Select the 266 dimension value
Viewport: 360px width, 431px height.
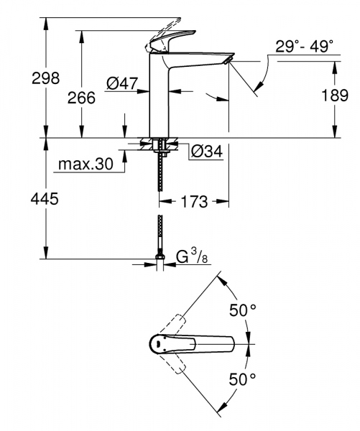[x=81, y=99]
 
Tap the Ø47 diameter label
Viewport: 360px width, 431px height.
[x=122, y=84]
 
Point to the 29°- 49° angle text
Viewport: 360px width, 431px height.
[x=305, y=47]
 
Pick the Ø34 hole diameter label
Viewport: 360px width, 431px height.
[x=206, y=151]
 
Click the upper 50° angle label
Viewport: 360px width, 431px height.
[x=242, y=310]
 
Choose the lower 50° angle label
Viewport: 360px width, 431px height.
[x=242, y=379]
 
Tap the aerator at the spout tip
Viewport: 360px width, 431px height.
[x=228, y=61]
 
